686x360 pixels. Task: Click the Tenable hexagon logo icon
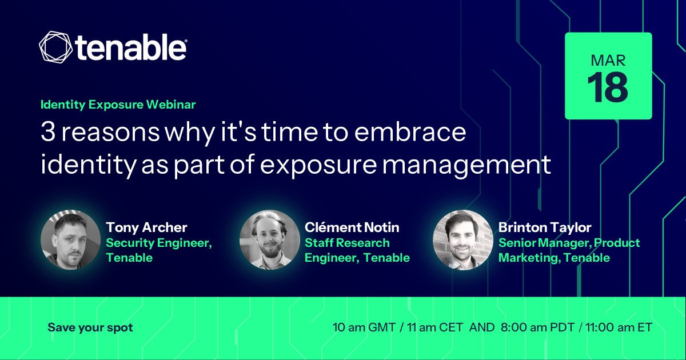[x=56, y=47]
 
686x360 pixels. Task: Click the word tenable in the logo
[x=131, y=47]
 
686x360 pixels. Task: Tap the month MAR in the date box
[x=608, y=61]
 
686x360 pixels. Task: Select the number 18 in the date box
[x=608, y=87]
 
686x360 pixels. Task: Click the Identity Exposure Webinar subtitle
[x=118, y=105]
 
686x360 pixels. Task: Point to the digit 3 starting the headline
[x=48, y=132]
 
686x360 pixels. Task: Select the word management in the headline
[x=466, y=165]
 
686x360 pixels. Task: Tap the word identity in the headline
[x=89, y=165]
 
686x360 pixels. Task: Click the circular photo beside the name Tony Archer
[x=71, y=239]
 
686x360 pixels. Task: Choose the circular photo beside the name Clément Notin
[x=270, y=239]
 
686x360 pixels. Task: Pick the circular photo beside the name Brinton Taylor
[x=462, y=239]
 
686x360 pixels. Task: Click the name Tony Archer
[x=146, y=227]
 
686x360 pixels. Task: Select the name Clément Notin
[x=352, y=227]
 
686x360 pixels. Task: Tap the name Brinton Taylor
[x=545, y=227]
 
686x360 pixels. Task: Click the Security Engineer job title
[x=159, y=243]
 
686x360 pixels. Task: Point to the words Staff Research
[x=347, y=243]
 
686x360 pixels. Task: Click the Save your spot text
[x=90, y=327]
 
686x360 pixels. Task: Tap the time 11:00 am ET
[x=619, y=327]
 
